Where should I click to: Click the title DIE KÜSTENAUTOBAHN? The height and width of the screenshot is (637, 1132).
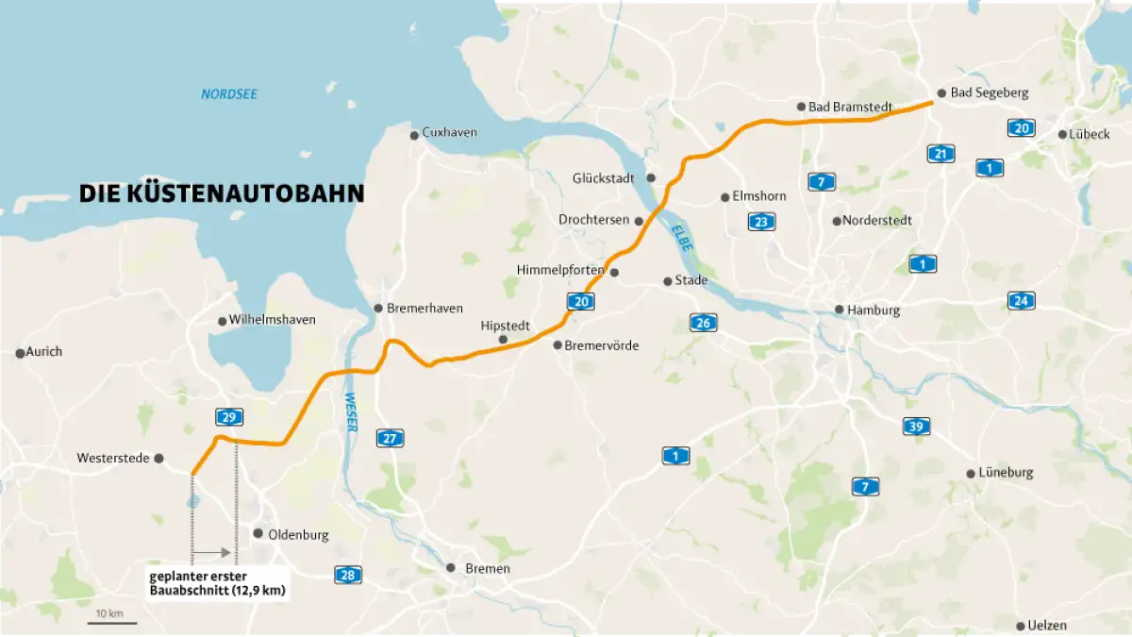[x=222, y=194]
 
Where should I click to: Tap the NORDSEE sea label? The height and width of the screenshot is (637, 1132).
[x=229, y=94]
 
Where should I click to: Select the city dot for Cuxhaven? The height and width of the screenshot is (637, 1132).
[x=413, y=135]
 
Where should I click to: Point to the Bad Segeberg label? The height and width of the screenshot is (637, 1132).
[x=989, y=93]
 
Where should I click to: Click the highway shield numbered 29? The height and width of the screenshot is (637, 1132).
[x=228, y=416]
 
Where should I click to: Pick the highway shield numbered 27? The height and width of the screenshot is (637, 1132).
[x=390, y=438]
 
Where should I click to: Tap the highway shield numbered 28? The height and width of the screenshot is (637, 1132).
[x=347, y=575]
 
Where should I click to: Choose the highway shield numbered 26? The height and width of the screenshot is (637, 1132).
[x=703, y=323]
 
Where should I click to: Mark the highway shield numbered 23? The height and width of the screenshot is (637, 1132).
[x=762, y=222]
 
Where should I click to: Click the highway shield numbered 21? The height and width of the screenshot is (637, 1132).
[x=941, y=154]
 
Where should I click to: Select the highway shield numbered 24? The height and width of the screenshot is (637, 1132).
[x=1021, y=301]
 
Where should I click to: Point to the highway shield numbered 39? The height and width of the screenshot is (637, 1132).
[x=916, y=426]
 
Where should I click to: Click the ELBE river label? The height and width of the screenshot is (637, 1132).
[x=682, y=236]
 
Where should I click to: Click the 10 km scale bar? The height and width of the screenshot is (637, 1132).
[x=113, y=621]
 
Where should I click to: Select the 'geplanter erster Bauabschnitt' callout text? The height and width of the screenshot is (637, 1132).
[x=217, y=583]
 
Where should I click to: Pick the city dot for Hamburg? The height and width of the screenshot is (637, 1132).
[x=838, y=310]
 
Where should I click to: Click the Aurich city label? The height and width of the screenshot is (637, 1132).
[x=44, y=352]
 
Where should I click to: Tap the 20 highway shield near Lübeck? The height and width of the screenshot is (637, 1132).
[x=1019, y=128]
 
